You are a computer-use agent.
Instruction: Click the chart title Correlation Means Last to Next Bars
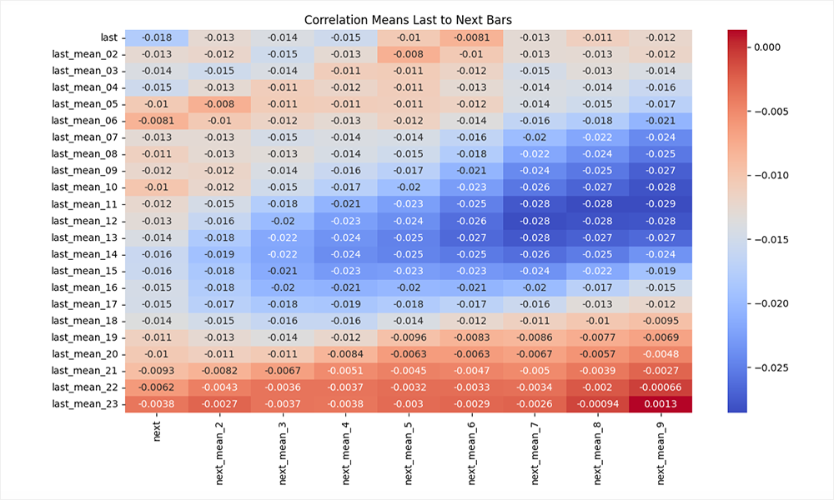(409, 19)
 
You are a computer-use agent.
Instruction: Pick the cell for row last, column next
(157, 37)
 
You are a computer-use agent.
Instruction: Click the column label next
(157, 430)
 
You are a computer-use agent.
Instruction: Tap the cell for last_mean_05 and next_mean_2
(219, 104)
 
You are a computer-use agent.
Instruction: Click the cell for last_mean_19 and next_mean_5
(409, 337)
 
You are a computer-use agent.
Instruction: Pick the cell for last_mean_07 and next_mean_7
(535, 137)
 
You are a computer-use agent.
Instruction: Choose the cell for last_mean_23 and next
(157, 404)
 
